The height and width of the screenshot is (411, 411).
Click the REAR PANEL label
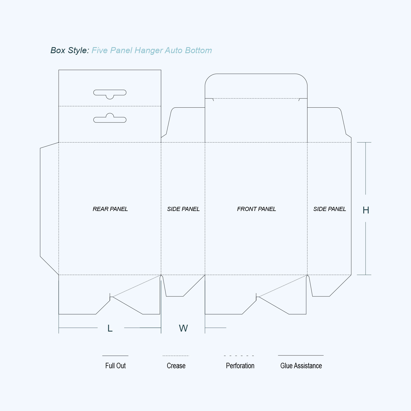pos(110,209)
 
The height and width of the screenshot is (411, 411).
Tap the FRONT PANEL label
pos(256,209)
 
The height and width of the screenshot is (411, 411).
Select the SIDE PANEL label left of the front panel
pos(183,209)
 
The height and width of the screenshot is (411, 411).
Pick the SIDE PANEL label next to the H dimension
pos(330,209)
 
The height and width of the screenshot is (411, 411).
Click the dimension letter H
pos(366,210)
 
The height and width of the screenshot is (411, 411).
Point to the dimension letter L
pos(110,328)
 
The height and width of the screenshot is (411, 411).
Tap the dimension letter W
pos(183,328)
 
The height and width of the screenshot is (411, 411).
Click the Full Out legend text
pos(115,366)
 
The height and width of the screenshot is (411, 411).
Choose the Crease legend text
pos(176,366)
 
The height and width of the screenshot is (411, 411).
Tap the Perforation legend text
pos(240,366)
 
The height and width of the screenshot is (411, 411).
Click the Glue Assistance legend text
pos(301,366)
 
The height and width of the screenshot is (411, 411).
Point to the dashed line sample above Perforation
pos(239,356)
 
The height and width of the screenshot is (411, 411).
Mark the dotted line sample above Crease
pos(176,356)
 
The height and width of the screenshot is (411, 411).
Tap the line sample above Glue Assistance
pos(301,355)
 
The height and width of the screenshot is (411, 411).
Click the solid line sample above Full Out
pos(115,356)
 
